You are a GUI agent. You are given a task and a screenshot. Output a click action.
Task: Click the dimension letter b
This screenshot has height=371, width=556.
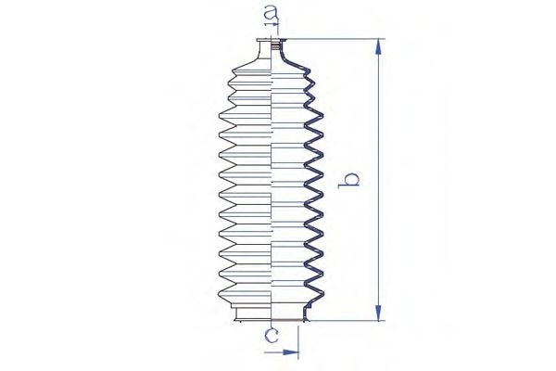coord(349,181)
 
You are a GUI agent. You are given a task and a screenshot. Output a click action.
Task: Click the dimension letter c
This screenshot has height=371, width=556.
coord(272,335)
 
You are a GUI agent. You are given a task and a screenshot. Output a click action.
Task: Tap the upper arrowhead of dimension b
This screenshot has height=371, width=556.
coord(379,47)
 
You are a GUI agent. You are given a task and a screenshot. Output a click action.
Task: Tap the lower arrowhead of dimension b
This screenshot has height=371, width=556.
coord(379,313)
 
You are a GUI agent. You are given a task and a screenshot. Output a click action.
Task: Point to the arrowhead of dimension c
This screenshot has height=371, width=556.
coord(291,352)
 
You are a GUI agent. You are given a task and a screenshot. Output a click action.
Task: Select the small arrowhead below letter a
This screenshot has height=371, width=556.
coord(275,24)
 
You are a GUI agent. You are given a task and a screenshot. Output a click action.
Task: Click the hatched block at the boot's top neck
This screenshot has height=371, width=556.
coord(275,46)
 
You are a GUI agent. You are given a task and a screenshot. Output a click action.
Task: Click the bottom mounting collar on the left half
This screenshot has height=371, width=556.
coord(253,313)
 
